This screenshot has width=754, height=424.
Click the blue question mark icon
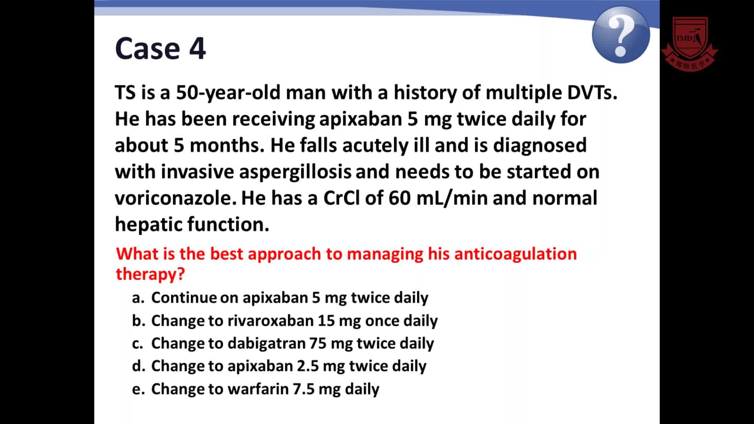click(x=621, y=35)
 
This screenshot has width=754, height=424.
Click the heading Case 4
click(x=160, y=48)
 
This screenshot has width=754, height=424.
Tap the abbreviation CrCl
click(x=341, y=198)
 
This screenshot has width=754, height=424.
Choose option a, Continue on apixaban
click(x=280, y=298)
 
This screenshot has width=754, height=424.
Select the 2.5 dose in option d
click(x=307, y=366)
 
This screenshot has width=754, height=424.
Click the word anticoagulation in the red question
click(x=515, y=254)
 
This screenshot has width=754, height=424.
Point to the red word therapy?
click(x=150, y=274)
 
